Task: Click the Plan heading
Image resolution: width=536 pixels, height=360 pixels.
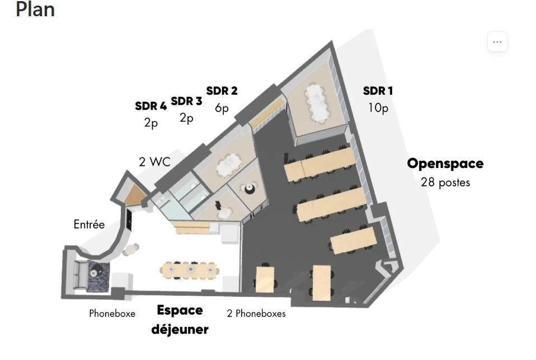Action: point(35,10)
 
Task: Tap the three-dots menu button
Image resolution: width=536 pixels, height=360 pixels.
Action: point(497,42)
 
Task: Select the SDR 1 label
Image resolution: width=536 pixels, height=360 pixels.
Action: point(378,91)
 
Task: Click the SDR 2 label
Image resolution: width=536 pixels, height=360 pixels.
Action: point(222,91)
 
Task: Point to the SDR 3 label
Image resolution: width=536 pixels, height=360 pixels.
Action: point(186,101)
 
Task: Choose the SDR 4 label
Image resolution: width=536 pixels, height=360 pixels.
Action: point(151,106)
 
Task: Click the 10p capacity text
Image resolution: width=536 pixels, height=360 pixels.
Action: point(378,107)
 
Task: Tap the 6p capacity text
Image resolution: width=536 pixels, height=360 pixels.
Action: point(222,108)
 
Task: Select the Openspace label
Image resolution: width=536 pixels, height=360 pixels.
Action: point(445,163)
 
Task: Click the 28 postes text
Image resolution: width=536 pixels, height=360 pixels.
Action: point(445,183)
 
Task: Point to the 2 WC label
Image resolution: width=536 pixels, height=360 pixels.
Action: point(154,162)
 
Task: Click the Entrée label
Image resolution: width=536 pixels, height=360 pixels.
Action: point(89,225)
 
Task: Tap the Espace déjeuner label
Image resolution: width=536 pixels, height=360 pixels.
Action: point(180,320)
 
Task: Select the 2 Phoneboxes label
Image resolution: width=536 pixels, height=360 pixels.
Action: point(256,314)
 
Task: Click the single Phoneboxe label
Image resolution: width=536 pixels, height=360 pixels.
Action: point(112,314)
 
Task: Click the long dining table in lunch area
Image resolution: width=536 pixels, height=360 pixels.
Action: point(190,269)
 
